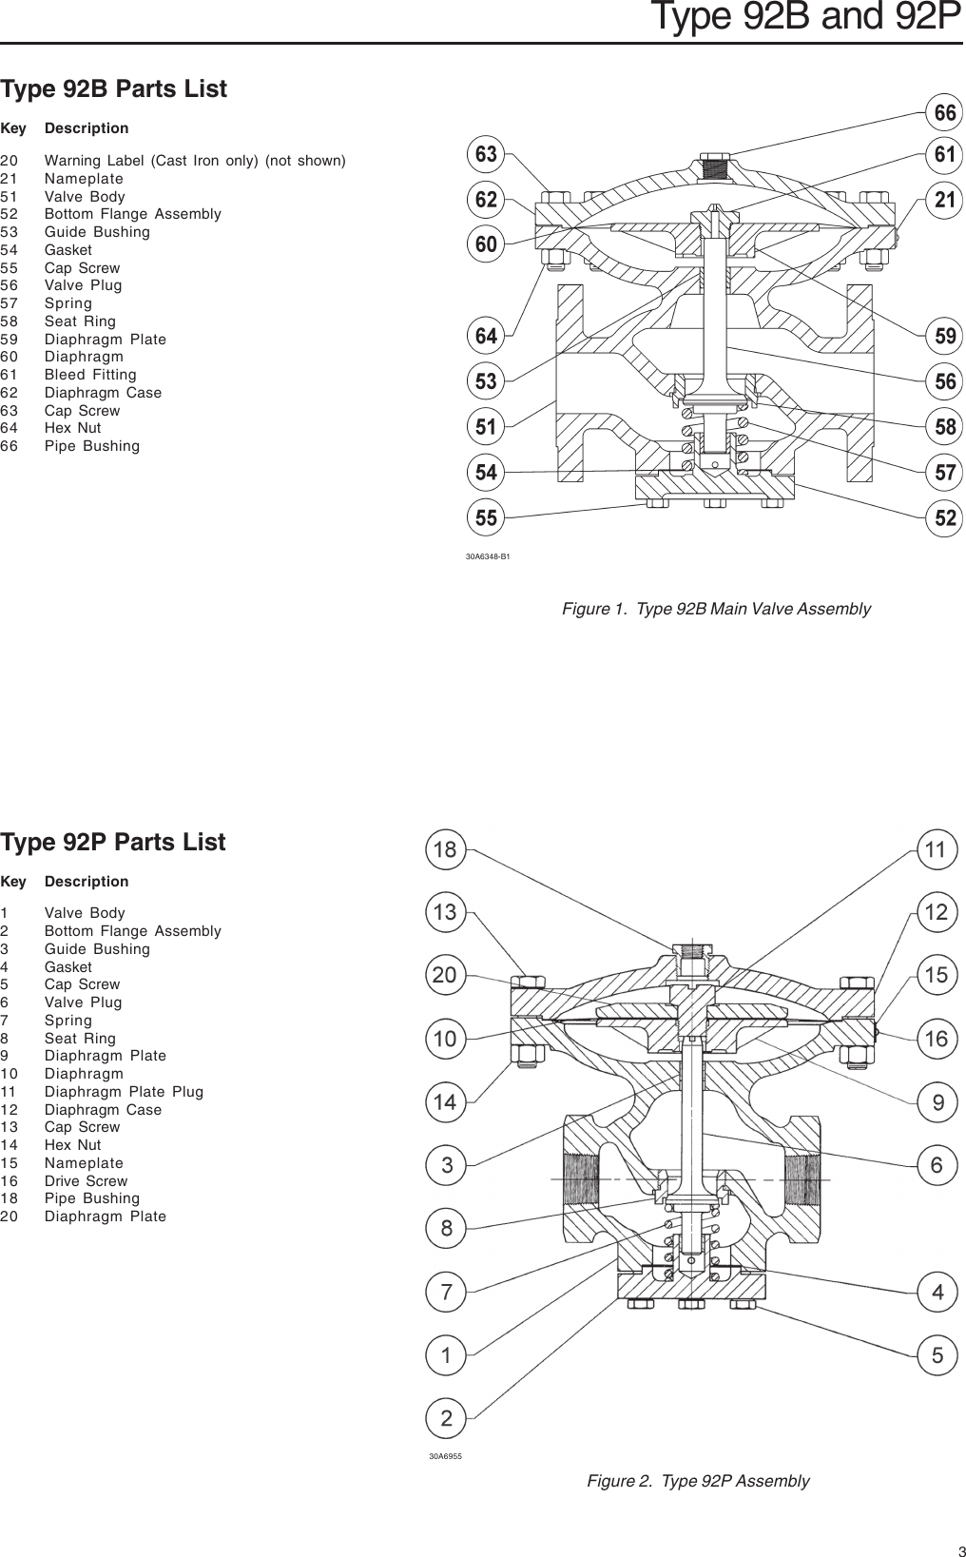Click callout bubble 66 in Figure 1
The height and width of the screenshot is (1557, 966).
pos(945,113)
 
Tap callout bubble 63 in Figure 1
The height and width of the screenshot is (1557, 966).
pos(486,154)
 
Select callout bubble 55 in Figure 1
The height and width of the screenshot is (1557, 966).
pos(486,518)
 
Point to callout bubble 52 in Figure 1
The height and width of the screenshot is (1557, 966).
pos(945,518)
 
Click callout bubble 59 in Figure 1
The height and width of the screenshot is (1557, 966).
pos(945,336)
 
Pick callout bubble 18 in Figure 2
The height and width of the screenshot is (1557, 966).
pos(445,850)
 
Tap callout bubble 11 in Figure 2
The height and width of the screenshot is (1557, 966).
pos(937,850)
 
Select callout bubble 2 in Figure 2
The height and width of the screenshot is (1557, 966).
pos(445,1419)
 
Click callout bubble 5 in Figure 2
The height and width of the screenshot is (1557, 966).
pos(937,1355)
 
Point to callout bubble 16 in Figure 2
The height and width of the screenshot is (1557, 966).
pos(937,1039)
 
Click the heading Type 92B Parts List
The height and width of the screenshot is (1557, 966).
pos(114,89)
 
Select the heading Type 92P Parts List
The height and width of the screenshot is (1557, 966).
pos(113,843)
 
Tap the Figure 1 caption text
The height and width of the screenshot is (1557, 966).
pos(716,609)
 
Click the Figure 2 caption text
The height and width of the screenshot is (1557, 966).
pos(698,1481)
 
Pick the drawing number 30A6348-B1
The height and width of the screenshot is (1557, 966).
pos(488,556)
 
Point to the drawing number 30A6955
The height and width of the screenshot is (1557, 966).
pos(445,1456)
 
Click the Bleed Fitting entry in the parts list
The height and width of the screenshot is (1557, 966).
pos(90,375)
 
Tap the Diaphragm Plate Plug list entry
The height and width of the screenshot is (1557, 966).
pos(124,1092)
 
